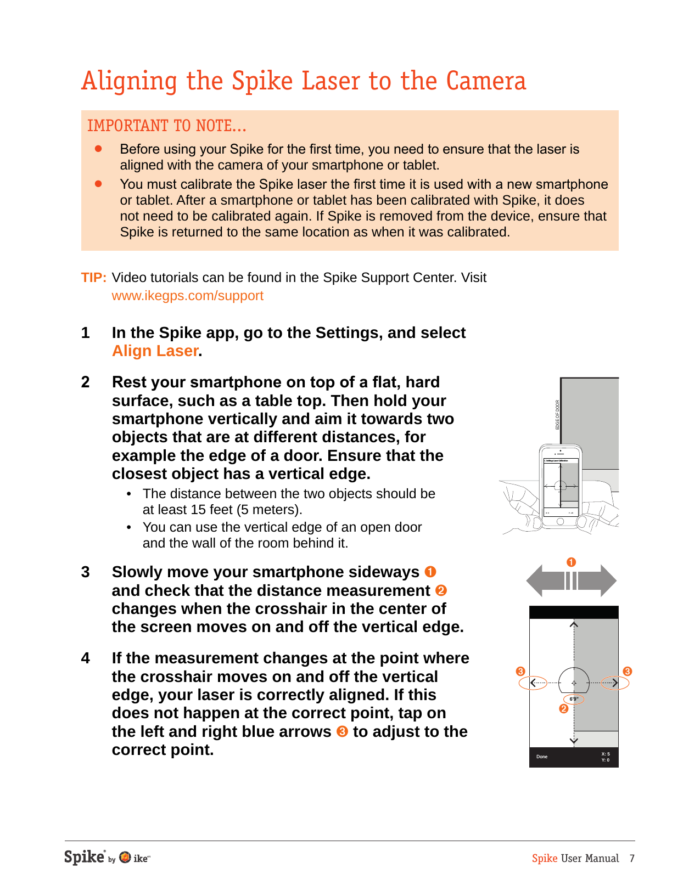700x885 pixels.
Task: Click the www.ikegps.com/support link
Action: click(x=187, y=296)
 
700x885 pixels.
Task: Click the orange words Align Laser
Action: click(x=155, y=351)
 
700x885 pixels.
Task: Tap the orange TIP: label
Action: click(x=94, y=278)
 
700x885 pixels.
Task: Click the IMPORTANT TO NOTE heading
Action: click(x=166, y=126)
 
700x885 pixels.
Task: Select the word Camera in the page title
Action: click(x=485, y=81)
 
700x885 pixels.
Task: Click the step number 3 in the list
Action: click(x=86, y=572)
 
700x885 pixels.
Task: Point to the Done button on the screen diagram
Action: click(x=542, y=757)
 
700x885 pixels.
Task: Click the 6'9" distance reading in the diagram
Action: click(x=574, y=699)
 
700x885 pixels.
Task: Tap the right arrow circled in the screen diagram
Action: click(x=615, y=683)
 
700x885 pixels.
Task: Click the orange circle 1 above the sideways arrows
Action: click(x=571, y=562)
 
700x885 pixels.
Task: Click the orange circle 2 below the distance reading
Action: click(x=563, y=709)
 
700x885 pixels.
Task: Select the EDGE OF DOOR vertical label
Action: click(x=557, y=415)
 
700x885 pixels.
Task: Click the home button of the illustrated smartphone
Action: click(x=560, y=522)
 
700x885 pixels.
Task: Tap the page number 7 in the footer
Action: click(x=632, y=859)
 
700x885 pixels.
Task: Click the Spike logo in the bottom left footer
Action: click(x=85, y=857)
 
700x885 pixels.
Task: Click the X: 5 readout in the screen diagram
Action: click(x=605, y=754)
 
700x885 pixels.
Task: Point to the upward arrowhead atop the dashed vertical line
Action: click(x=574, y=624)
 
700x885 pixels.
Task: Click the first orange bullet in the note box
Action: click(x=99, y=149)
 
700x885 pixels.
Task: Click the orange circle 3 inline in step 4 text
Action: click(x=342, y=732)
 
